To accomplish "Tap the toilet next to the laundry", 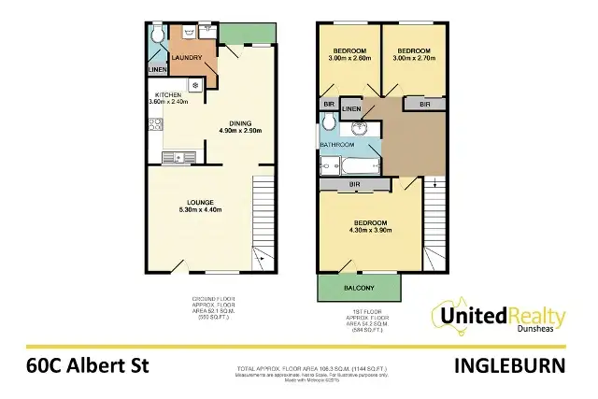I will pos(158,36).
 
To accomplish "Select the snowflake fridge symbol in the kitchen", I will pos(194,85).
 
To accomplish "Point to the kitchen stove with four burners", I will pos(156,124).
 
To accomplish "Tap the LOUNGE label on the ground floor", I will pos(200,203).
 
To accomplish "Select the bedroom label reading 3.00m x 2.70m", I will pos(412,54).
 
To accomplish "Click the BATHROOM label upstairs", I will pos(336,145).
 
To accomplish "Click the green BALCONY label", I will pos(358,287).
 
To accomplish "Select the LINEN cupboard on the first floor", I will pos(351,109).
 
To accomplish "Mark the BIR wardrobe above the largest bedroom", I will pos(356,185).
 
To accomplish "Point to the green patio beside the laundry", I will pos(248,35).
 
